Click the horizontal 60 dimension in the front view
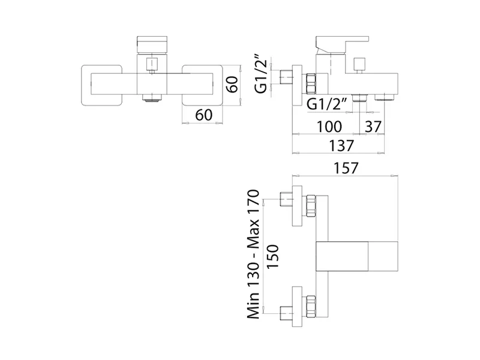coord(203,115)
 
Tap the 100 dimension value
coord(329,127)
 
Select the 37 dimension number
coord(373,127)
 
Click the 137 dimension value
coord(341,145)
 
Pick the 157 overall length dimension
coord(346,168)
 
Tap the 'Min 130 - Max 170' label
coord(253,254)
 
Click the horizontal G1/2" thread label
coord(326,104)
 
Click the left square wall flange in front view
coord(102,85)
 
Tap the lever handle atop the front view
coord(152,45)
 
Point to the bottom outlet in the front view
coord(152,98)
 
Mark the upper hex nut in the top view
coord(310,206)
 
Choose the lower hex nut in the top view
coord(310,307)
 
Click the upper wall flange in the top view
coord(297,206)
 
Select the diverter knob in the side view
coord(358,65)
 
